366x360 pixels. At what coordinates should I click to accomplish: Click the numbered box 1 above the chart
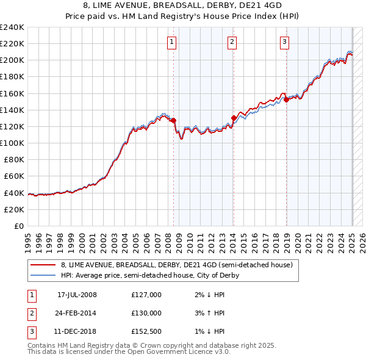(x=171, y=42)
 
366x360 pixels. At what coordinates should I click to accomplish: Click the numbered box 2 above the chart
(x=232, y=42)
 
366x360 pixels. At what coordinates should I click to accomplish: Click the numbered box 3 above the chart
(x=285, y=42)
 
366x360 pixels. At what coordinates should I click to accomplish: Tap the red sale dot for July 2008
(x=174, y=120)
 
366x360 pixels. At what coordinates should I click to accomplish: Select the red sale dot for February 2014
(x=234, y=118)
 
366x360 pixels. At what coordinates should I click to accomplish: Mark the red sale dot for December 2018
(x=286, y=99)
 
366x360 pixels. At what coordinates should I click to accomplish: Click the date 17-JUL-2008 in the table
(x=77, y=295)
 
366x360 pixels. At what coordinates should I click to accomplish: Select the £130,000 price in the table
(x=146, y=313)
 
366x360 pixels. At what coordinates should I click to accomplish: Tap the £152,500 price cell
(x=146, y=331)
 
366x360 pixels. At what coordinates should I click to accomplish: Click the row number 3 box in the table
(x=30, y=331)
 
